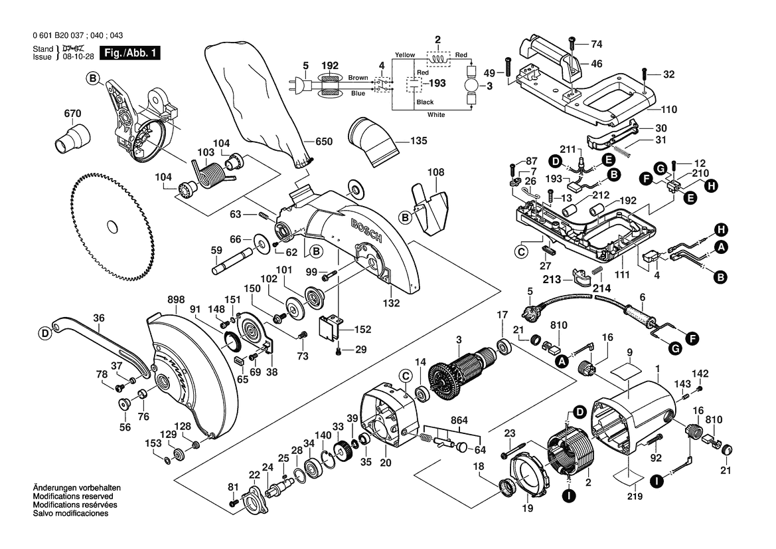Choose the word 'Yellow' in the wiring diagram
coord(404,54)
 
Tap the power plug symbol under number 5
coord(299,86)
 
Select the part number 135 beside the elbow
coord(418,141)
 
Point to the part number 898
coord(157,301)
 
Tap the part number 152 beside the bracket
coord(362,329)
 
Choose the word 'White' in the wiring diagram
coord(436,115)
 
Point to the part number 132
coord(392,303)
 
